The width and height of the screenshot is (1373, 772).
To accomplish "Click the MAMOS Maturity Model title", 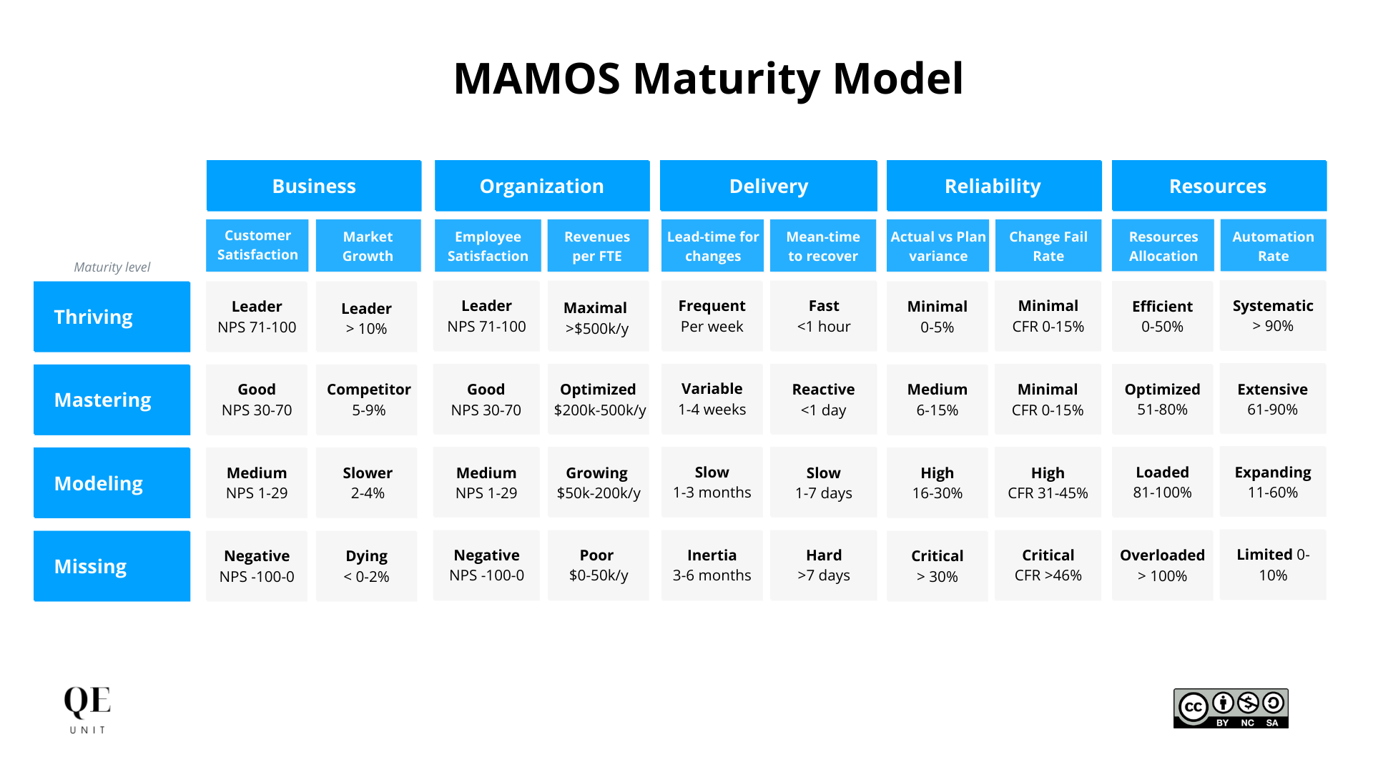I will [708, 78].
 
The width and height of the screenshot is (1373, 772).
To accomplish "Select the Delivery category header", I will [768, 186].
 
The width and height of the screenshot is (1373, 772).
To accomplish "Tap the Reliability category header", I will [993, 186].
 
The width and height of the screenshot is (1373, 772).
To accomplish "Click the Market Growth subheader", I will [368, 246].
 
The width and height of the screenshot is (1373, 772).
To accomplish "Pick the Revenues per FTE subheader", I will [597, 246].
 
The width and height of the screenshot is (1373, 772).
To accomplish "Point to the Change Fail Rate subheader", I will [1048, 246].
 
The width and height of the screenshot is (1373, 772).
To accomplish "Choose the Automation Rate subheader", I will [1273, 246].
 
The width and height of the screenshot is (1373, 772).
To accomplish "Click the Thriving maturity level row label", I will [112, 317].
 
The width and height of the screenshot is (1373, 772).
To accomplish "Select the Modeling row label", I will [112, 483].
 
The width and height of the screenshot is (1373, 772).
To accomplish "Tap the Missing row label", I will [112, 566].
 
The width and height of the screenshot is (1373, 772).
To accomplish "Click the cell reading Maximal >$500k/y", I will [597, 317].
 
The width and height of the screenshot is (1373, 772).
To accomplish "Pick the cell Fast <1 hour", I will [823, 316].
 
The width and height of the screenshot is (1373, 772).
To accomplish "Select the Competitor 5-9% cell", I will [368, 400].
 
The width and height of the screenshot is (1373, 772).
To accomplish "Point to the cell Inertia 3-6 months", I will [712, 565].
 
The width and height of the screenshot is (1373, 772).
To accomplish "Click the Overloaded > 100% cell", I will [1162, 565].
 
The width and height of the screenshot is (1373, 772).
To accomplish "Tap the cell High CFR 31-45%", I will [1048, 482].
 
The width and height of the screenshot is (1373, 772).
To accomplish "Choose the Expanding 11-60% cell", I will [1273, 482].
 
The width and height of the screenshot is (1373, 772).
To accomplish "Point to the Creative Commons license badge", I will [1231, 708].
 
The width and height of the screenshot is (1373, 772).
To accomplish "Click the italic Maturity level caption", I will [112, 267].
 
